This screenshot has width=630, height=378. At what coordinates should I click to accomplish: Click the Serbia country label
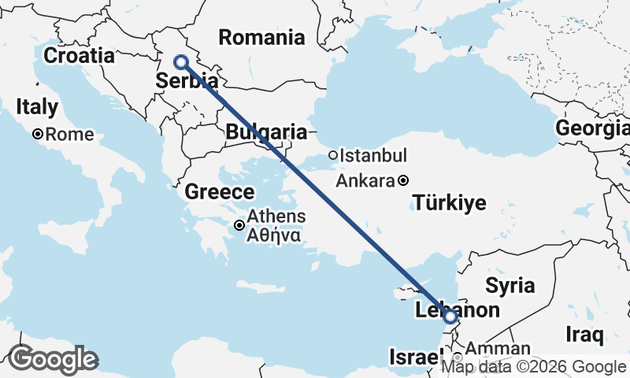[187, 80]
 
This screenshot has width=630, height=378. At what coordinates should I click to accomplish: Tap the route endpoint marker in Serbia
[181, 61]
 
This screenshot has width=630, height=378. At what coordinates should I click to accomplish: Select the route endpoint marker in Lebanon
[450, 317]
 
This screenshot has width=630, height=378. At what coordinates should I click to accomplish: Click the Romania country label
[261, 37]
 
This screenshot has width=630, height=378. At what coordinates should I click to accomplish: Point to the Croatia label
[79, 56]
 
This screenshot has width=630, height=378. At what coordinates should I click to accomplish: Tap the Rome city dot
[37, 134]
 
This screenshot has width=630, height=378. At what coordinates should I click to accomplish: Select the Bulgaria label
[266, 132]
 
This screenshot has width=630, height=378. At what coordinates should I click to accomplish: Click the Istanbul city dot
[333, 155]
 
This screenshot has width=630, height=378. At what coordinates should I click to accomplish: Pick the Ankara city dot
[403, 180]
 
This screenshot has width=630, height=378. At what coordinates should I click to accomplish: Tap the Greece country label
[220, 192]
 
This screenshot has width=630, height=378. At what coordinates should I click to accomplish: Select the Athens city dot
[239, 225]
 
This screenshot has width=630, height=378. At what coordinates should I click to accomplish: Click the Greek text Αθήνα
[272, 234]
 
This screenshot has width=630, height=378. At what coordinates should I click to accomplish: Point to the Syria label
[510, 285]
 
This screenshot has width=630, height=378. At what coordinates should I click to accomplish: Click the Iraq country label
[585, 335]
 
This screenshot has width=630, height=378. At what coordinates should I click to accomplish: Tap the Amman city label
[498, 348]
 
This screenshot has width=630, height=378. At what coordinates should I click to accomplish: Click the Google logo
[53, 360]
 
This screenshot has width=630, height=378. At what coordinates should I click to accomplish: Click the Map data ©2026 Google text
[533, 366]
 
